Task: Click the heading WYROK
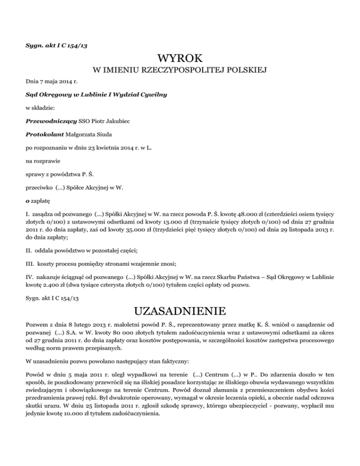pos(180,59)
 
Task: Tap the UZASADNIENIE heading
pos(180,311)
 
